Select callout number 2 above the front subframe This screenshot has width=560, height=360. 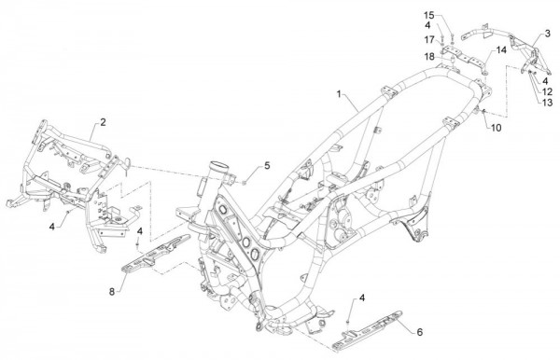point(103,123)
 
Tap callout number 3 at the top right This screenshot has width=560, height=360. point(547,33)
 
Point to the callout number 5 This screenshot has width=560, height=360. point(267,165)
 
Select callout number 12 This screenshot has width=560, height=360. point(548,91)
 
